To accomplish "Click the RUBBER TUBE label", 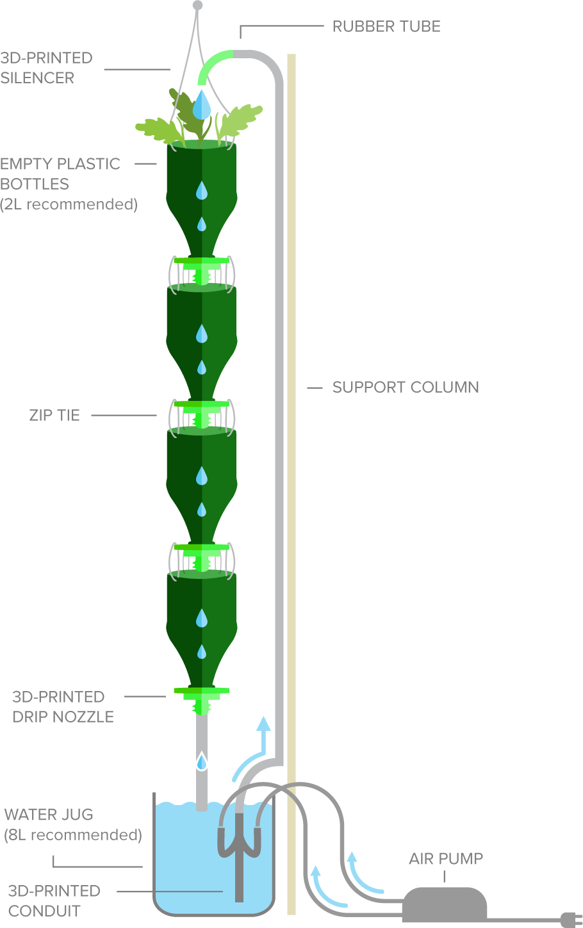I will (386, 27).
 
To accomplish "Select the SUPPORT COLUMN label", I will (406, 387).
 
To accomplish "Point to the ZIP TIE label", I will (54, 415).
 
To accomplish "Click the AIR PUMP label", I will (446, 859).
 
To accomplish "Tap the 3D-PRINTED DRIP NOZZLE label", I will (63, 706).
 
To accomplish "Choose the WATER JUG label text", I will (49, 815).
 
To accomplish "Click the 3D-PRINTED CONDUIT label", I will (54, 900).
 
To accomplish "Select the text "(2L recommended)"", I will (69, 204).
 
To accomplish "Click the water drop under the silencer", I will (202, 105).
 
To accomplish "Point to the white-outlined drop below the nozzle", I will (202, 761).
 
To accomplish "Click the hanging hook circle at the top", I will (197, 5).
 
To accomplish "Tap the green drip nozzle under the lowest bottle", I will (202, 700).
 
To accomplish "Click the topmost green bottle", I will (202, 192).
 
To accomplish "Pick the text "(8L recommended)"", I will (73, 835).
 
